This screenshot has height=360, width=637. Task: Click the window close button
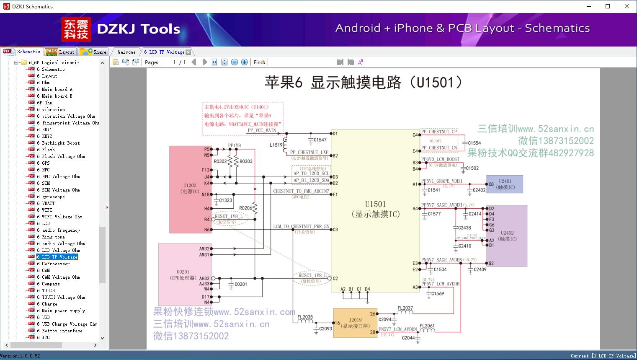(627, 6)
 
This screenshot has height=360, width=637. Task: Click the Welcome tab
(126, 52)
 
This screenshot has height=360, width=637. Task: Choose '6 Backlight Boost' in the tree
(61, 143)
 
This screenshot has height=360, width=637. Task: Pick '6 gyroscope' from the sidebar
(53, 197)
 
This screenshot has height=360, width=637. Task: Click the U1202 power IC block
(190, 189)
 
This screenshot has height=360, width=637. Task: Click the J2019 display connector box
(355, 323)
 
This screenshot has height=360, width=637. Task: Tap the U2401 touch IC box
(505, 184)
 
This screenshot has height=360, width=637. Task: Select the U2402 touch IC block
(507, 236)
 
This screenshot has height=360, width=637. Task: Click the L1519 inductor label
(276, 145)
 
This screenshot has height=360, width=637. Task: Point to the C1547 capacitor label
(320, 140)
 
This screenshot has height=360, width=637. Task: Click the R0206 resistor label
(246, 208)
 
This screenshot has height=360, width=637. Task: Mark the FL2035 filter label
(305, 317)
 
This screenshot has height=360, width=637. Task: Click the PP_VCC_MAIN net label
(262, 130)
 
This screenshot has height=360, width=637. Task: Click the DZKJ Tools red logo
(77, 29)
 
